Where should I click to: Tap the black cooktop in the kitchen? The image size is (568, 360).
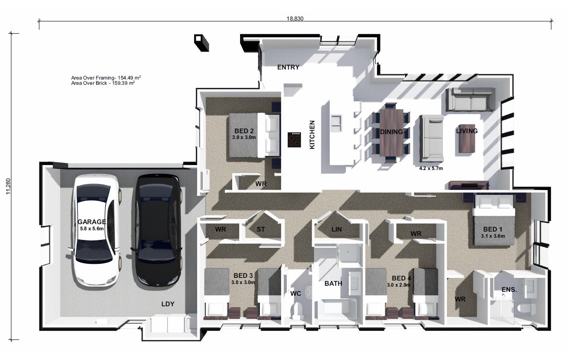pyautogui.click(x=295, y=140)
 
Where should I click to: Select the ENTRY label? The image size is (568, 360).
pyautogui.click(x=288, y=67)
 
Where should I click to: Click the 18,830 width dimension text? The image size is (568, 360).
pyautogui.click(x=295, y=18)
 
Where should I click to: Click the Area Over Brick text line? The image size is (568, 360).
pyautogui.click(x=103, y=83)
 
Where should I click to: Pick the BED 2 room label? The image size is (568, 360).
pyautogui.click(x=244, y=131)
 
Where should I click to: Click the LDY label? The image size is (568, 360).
pyautogui.click(x=168, y=304)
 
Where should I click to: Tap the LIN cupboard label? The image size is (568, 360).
pyautogui.click(x=336, y=229)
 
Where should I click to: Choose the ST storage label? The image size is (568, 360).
pyautogui.click(x=261, y=229)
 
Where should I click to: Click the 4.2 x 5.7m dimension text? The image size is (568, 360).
pyautogui.click(x=431, y=168)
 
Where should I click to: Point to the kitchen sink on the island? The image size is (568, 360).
pyautogui.click(x=336, y=122)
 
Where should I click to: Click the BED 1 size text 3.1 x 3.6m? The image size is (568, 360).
pyautogui.click(x=493, y=236)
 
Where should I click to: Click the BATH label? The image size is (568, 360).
pyautogui.click(x=333, y=283)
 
